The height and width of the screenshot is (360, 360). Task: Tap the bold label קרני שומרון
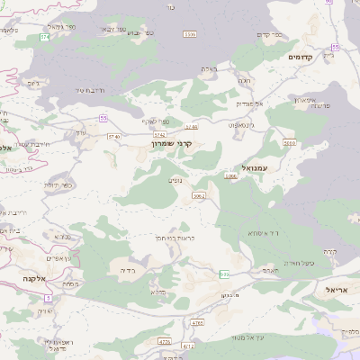pyautogui.click(x=172, y=142)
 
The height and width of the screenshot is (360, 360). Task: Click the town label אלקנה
pyautogui.click(x=36, y=280)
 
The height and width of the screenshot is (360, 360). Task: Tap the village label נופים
pyautogui.click(x=176, y=179)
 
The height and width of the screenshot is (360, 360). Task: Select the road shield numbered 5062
pyautogui.click(x=199, y=195)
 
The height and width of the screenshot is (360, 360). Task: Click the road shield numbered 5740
pyautogui.click(x=113, y=136)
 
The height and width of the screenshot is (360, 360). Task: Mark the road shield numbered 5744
pyautogui.click(x=159, y=133)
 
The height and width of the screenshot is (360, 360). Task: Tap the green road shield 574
pyautogui.click(x=44, y=37)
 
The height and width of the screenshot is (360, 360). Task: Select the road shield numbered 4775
pyautogui.click(x=165, y=342)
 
